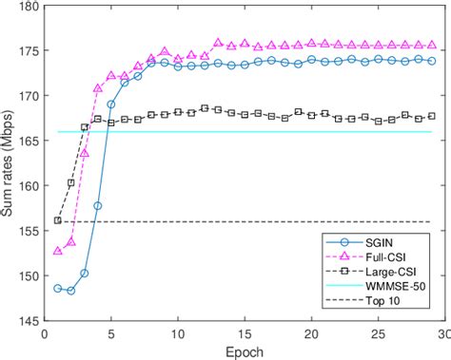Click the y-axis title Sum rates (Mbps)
[10, 161]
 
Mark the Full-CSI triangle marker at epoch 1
[58, 251]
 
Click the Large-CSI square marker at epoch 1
[58, 220]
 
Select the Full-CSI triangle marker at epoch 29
[431, 45]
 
